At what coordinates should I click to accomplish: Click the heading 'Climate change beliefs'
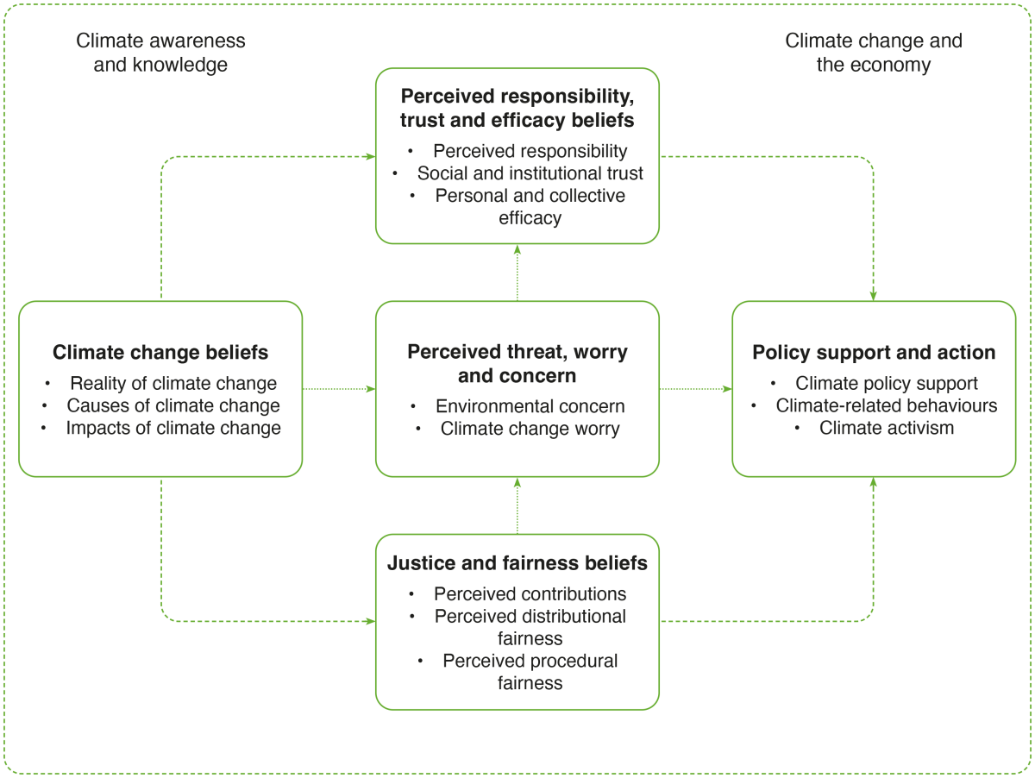[x=160, y=352]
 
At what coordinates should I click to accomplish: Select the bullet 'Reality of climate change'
[x=173, y=383]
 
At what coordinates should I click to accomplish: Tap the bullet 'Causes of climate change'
[x=173, y=405]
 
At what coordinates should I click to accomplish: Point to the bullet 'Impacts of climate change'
[x=173, y=428]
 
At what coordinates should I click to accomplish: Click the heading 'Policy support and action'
[x=874, y=352]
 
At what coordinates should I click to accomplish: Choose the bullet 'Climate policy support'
[x=887, y=383]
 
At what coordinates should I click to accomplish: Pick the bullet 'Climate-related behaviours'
[x=887, y=405]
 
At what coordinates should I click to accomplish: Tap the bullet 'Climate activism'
[x=887, y=428]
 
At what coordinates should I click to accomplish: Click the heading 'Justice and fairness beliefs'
[x=517, y=563]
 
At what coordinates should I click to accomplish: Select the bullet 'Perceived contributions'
[x=530, y=593]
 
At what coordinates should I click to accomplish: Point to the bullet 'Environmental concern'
[x=530, y=406]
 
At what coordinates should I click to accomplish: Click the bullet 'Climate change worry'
[x=530, y=429]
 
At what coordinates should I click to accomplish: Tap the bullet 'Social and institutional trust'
[x=530, y=173]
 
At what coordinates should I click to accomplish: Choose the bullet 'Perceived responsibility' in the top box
[x=530, y=151]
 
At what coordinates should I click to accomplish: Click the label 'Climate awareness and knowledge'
[x=160, y=53]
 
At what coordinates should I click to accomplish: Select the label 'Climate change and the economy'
[x=874, y=53]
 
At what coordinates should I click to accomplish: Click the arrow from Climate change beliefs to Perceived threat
[x=339, y=389]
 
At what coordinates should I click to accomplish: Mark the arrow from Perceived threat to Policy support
[x=696, y=389]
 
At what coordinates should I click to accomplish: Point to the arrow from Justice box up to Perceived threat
[x=517, y=505]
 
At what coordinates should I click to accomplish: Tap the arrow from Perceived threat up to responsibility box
[x=517, y=273]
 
